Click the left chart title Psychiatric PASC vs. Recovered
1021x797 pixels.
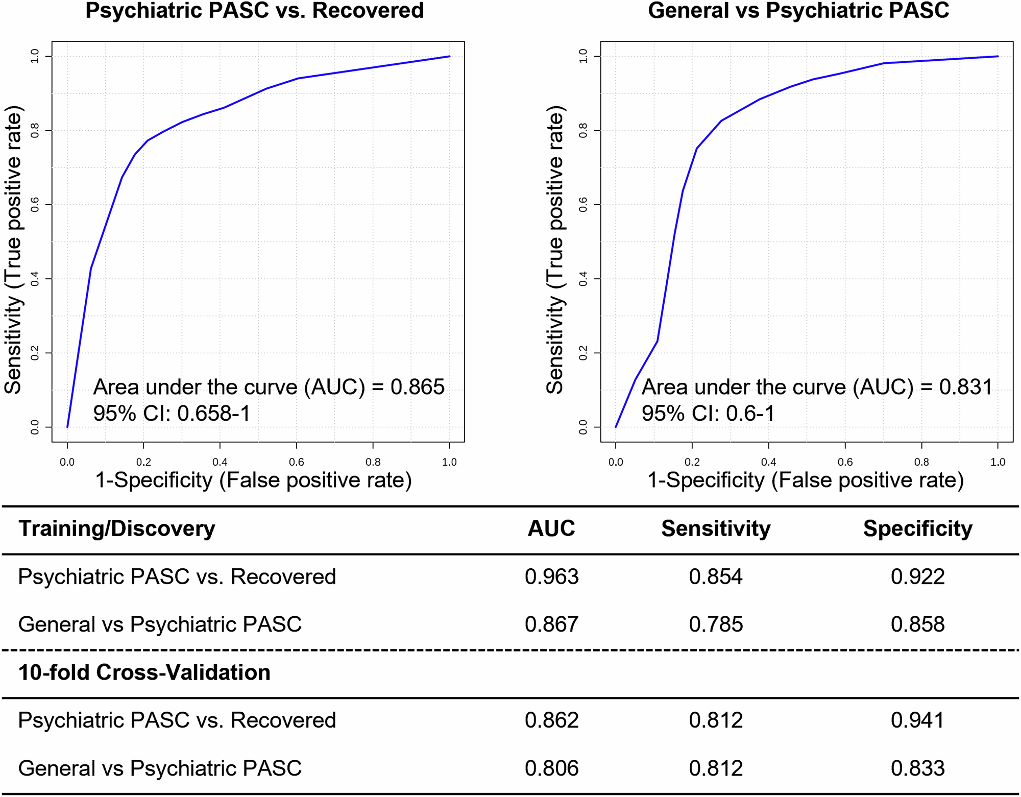click(254, 11)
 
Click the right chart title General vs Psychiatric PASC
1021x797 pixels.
click(798, 11)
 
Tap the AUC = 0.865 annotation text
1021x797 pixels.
click(269, 387)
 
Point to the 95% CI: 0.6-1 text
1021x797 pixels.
click(708, 413)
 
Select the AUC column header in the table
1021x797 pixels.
click(551, 528)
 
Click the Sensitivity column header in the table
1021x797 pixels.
click(716, 528)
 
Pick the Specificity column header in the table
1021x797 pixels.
click(917, 528)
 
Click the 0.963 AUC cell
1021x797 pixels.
click(551, 576)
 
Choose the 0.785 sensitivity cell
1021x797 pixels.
click(716, 624)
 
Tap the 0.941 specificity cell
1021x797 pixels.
click(917, 720)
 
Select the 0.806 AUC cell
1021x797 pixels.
click(551, 768)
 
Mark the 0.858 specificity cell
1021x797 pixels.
click(917, 624)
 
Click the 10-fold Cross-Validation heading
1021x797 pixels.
click(144, 672)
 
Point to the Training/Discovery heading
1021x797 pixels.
click(117, 528)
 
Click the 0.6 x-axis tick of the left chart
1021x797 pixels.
click(297, 462)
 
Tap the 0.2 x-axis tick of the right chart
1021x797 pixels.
click(692, 462)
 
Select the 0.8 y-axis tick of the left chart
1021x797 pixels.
click(35, 131)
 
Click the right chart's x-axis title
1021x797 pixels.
click(806, 480)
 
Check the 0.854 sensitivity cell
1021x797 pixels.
click(716, 576)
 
